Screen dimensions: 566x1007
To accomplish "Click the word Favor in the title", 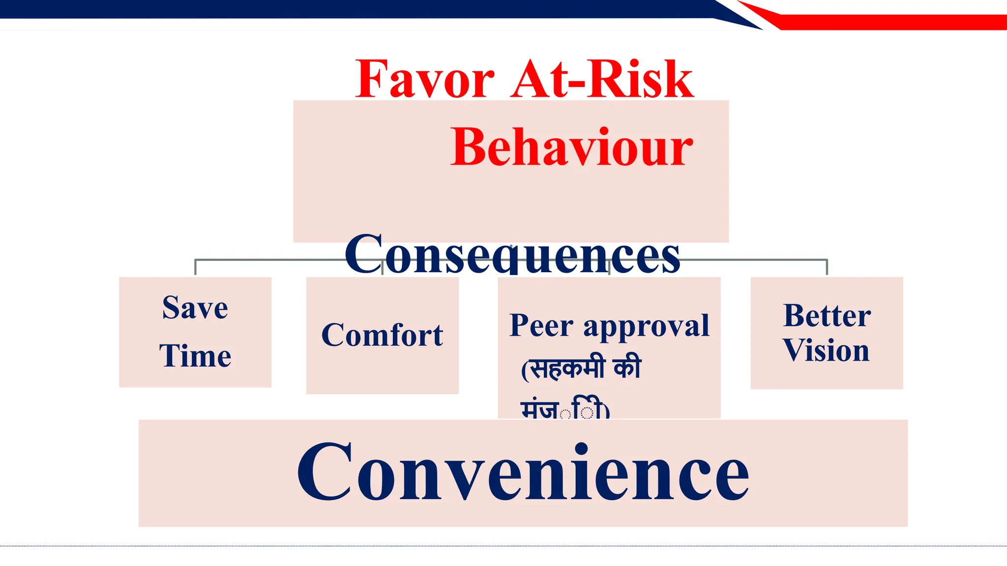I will point(425,80).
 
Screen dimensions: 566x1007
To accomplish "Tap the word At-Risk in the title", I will point(602,80).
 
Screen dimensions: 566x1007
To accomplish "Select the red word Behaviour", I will point(571,147).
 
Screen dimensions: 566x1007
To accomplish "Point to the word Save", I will point(195,309).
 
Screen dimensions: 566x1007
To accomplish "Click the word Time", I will point(195,356).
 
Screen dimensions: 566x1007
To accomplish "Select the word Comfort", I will point(382,336).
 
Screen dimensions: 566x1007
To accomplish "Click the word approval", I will point(646,326).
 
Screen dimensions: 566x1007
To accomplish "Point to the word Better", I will point(827,315).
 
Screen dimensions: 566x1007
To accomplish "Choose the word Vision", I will point(826,351).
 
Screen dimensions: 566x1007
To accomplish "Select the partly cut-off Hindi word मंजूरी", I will point(564,410).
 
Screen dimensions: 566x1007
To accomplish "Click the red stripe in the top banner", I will point(885,22).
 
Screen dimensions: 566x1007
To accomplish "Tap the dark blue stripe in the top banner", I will point(344,9).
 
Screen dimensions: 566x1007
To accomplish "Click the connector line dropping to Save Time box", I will point(196,267).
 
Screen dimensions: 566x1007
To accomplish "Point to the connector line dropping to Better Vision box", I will point(827,267).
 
